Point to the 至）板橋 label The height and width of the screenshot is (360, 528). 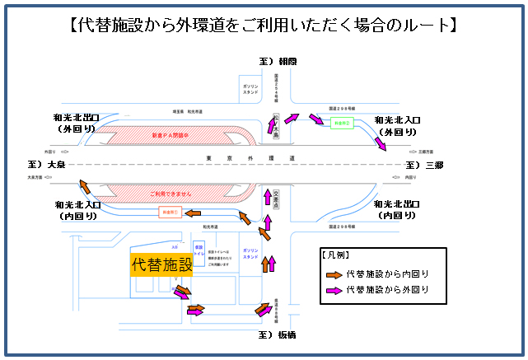pos(276,335)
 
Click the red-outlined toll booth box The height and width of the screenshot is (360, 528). pos(168,213)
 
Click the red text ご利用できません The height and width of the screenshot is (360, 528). pos(172,194)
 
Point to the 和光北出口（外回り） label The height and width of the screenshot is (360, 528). pos(77,124)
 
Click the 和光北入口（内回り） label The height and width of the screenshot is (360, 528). pos(77,209)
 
